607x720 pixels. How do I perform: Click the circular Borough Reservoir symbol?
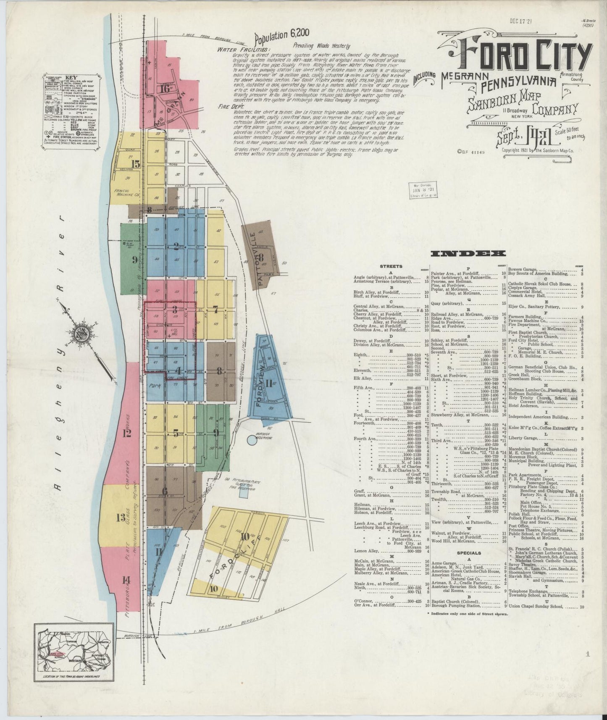[252, 439]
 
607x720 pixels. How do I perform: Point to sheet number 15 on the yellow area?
[135, 164]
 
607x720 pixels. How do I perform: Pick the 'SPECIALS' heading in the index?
[469, 553]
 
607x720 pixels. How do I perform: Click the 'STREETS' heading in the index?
[391, 266]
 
